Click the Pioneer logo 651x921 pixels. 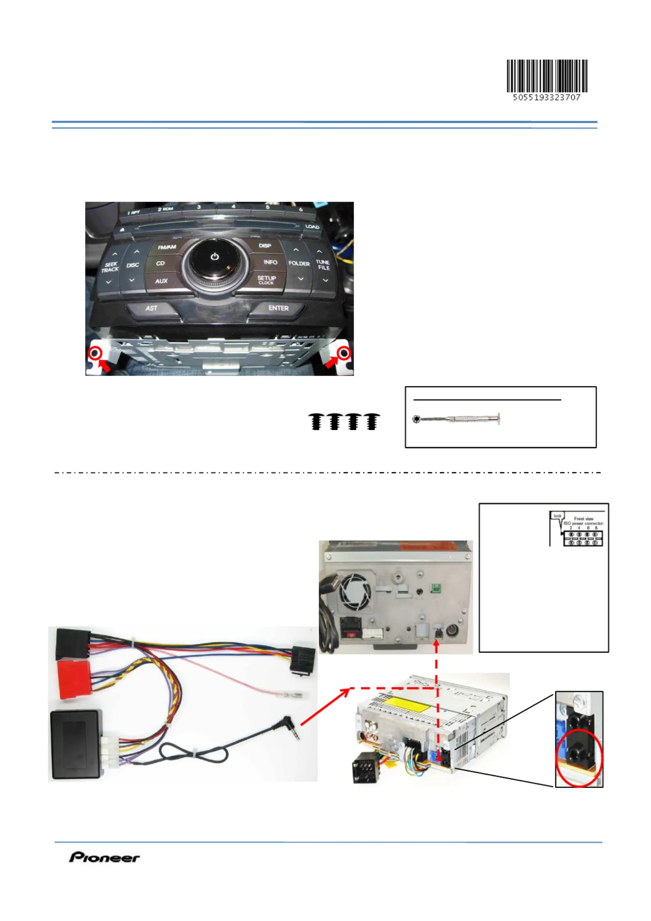(104, 857)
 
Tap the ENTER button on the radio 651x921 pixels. (278, 308)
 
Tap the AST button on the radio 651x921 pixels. (151, 308)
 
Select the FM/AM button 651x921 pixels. (167, 247)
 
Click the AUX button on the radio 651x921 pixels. (161, 281)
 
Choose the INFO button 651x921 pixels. (270, 262)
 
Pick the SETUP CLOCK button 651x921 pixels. (266, 279)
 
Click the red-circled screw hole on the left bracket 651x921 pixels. (96, 353)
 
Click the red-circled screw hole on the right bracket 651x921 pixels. (344, 353)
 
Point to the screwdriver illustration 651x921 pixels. (456, 419)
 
